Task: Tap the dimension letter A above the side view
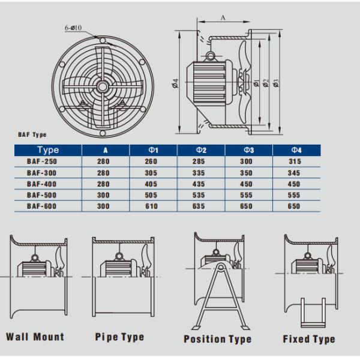click(x=223, y=18)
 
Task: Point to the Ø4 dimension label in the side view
click(x=175, y=83)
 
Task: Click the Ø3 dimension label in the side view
click(x=275, y=83)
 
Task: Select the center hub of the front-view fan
click(x=103, y=87)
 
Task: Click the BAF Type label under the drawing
click(x=32, y=135)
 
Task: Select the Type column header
click(x=47, y=150)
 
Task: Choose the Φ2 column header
click(x=202, y=150)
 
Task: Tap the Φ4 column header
click(x=296, y=150)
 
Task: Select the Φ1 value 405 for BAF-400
click(x=152, y=184)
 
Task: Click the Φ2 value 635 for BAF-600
click(x=202, y=206)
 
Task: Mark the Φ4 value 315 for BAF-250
click(x=296, y=161)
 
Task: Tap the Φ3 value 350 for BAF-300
click(x=249, y=173)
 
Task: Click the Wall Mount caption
click(x=35, y=337)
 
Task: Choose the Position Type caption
click(x=218, y=339)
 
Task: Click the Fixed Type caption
click(x=309, y=339)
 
